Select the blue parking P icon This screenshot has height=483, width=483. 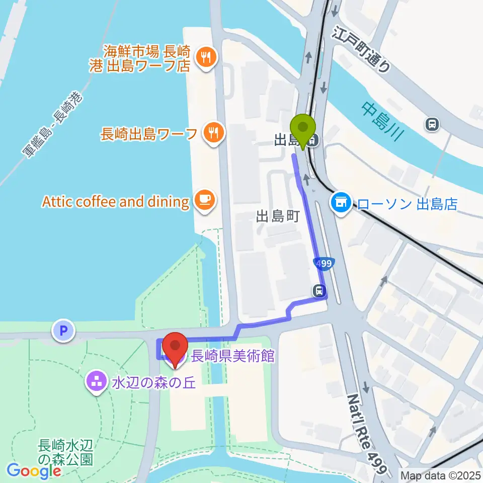(x=63, y=331)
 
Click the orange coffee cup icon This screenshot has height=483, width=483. (x=205, y=201)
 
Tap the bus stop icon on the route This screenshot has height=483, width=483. (x=319, y=290)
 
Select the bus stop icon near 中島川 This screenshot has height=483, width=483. (x=432, y=123)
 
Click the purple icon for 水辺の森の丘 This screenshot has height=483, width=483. (x=96, y=379)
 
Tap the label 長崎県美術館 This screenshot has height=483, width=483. (x=232, y=356)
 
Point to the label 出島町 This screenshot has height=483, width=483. (x=278, y=216)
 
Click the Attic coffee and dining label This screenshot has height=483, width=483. (x=115, y=202)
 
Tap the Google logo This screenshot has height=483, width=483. (x=34, y=471)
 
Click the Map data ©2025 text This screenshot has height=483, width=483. (x=441, y=475)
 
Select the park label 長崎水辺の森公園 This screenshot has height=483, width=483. (x=66, y=452)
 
